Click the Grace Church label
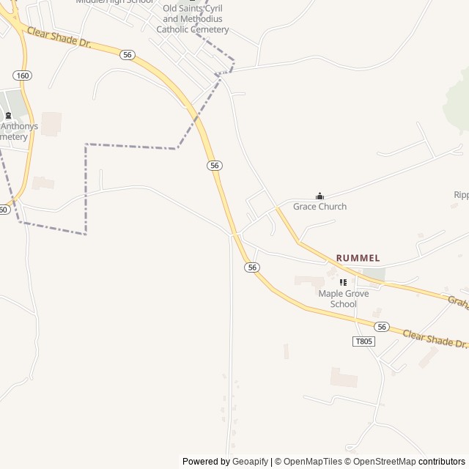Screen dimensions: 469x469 [x=320, y=207]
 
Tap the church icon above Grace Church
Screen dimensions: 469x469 [x=320, y=196]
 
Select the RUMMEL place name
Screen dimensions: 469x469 [x=358, y=258]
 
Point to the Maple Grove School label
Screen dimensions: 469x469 [x=343, y=299]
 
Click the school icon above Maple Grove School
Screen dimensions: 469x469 [x=343, y=283]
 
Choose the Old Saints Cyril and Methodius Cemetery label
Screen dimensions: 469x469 [x=196, y=19]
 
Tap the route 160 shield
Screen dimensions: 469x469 [x=22, y=75]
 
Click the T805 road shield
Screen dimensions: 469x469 [x=362, y=341]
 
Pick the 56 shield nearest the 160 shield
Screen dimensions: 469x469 [x=128, y=55]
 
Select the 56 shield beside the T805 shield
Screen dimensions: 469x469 [x=381, y=327]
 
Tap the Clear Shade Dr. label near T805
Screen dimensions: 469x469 [x=435, y=338]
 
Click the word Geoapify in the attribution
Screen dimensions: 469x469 [x=250, y=462]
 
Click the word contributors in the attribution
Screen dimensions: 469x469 [x=442, y=462]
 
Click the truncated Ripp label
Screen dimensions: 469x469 [x=460, y=195]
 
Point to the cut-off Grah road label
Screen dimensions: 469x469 [x=458, y=301]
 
